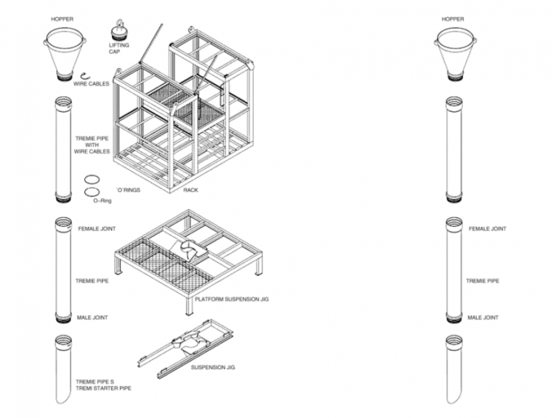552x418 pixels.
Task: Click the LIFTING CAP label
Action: point(119,48)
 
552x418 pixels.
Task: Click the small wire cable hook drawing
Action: point(85,75)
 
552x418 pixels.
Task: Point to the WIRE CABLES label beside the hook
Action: point(91,84)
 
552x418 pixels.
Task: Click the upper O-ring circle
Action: point(92,180)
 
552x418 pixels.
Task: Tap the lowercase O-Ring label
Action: point(102,200)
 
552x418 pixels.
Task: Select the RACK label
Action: point(190,190)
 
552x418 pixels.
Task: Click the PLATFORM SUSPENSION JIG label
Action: point(231,299)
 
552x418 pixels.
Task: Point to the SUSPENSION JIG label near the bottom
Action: point(213,367)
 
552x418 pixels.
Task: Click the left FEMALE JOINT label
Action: point(96,228)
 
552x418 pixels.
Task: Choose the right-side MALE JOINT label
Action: point(483,317)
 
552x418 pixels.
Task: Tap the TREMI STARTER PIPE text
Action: point(103,388)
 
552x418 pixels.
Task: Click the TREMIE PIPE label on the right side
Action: point(483,281)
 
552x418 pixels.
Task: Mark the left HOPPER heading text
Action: point(63,19)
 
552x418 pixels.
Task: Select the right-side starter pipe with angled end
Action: point(454,369)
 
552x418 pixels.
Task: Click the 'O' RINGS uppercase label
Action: point(129,190)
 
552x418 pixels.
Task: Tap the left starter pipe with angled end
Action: point(63,369)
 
